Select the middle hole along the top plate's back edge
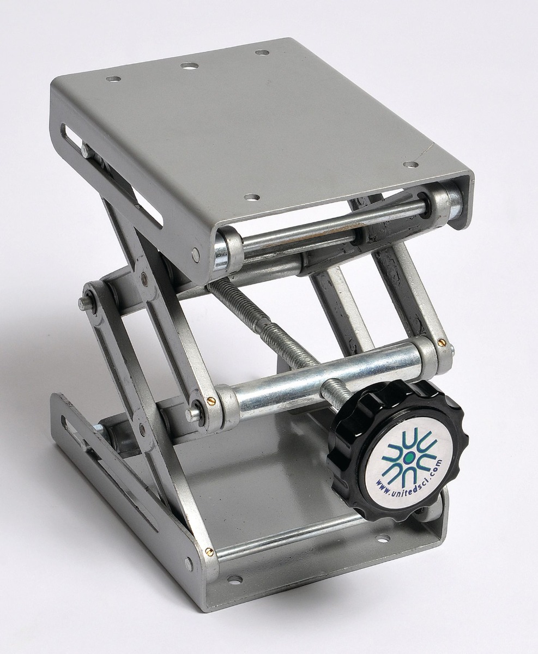click(x=190, y=66)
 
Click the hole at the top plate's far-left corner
click(x=114, y=79)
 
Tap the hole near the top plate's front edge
click(x=251, y=197)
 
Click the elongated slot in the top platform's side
click(x=112, y=174)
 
